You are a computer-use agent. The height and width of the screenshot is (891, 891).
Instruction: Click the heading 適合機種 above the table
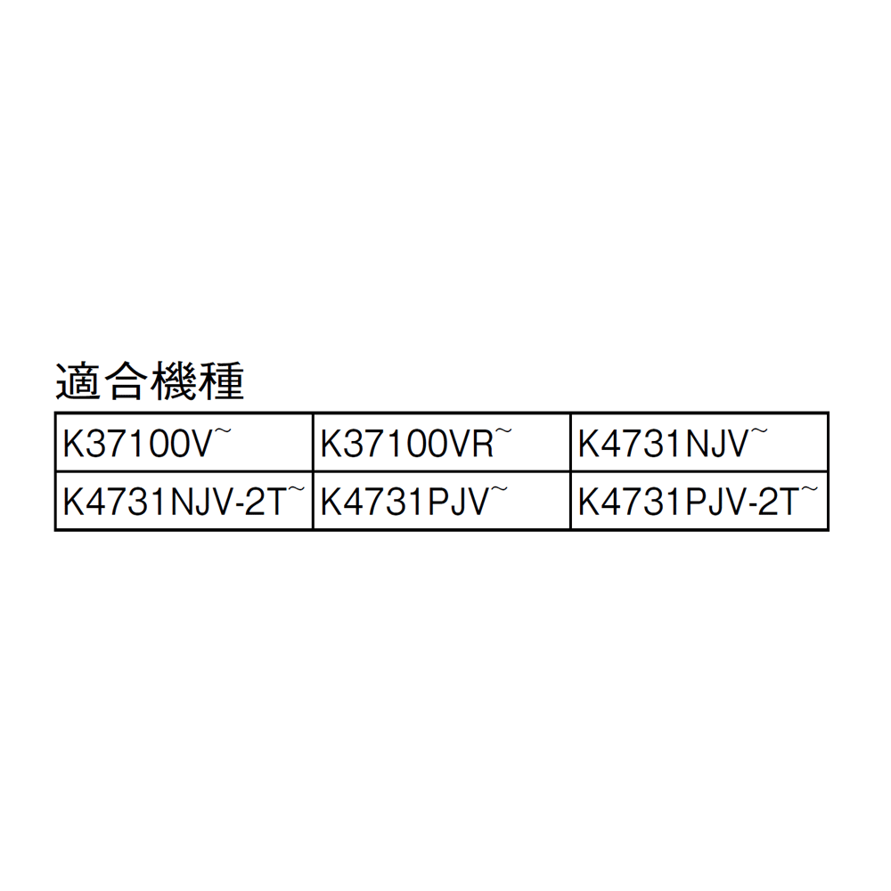[150, 380]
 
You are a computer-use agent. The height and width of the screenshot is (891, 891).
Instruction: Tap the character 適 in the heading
[78, 380]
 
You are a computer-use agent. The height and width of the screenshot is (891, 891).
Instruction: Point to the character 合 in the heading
[127, 380]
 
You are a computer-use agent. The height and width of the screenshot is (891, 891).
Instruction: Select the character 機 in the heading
[174, 380]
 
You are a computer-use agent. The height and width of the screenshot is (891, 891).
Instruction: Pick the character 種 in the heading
[222, 380]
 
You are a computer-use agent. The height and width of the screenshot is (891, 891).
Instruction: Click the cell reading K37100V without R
[184, 443]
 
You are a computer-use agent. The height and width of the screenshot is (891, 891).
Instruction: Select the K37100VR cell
[442, 443]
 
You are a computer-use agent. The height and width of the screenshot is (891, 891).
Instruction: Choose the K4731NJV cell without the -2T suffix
[699, 443]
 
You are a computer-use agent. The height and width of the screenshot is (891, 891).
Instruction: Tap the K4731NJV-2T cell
[184, 501]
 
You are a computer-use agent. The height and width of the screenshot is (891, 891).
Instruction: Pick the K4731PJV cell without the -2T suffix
[442, 501]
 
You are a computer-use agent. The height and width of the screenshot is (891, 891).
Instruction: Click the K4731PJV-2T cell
[699, 501]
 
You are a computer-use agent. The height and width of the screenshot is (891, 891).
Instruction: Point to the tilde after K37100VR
[504, 431]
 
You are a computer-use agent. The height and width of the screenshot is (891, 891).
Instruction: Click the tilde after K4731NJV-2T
[296, 489]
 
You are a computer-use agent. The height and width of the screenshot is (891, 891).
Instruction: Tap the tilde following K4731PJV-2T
[810, 489]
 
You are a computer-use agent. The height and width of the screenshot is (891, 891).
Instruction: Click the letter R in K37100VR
[482, 444]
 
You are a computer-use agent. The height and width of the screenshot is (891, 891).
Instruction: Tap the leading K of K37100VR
[331, 444]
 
